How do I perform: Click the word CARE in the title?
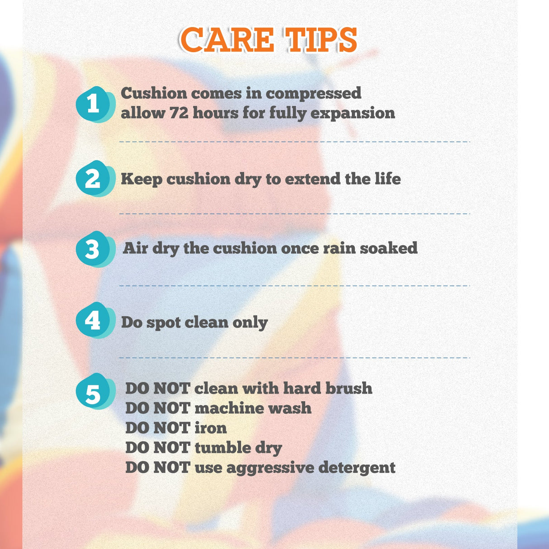click(227, 39)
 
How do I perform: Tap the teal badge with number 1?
click(95, 104)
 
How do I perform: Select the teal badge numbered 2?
click(95, 179)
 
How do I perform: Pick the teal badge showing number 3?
click(95, 249)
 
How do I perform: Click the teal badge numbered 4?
click(95, 320)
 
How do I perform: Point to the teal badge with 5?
click(95, 391)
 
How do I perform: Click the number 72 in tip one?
click(179, 113)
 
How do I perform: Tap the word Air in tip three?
click(135, 248)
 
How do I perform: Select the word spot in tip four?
click(164, 323)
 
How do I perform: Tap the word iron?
click(211, 428)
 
